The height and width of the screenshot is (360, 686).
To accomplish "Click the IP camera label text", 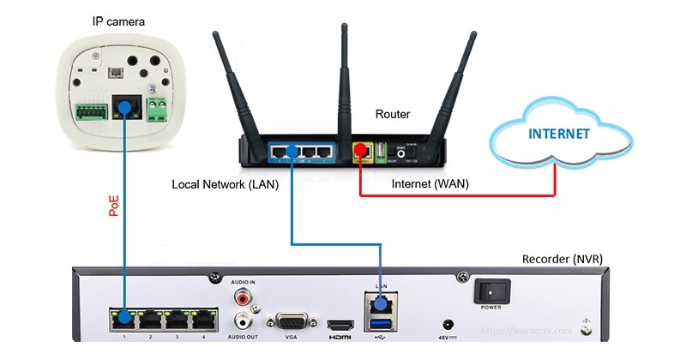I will pyautogui.click(x=117, y=19).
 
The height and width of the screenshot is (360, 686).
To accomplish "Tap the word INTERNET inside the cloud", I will pyautogui.click(x=559, y=134).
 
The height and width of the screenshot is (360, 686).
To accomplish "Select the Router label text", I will pyautogui.click(x=394, y=114).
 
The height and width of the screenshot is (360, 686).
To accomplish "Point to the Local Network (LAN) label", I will pyautogui.click(x=226, y=184).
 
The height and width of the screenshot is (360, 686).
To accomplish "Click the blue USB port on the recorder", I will pyautogui.click(x=378, y=323).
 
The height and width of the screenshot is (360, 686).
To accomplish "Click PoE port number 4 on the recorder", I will pyautogui.click(x=202, y=317).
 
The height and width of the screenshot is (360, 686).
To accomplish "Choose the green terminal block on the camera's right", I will pyautogui.click(x=157, y=108).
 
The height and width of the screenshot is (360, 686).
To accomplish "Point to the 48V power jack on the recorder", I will pyautogui.click(x=447, y=325).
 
